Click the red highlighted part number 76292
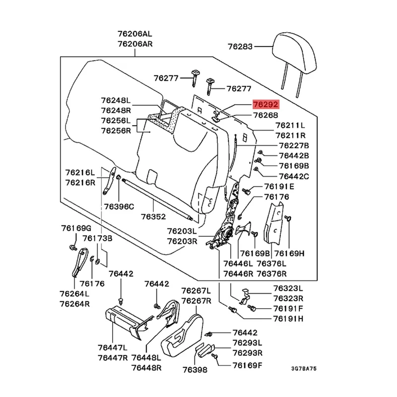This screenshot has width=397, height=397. click(x=265, y=105)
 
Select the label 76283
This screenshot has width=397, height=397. click(x=240, y=47)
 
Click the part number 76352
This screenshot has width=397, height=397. click(x=153, y=216)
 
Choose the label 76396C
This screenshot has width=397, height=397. click(x=119, y=206)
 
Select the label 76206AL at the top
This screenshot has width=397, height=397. click(x=134, y=34)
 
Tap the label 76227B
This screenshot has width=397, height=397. click(x=294, y=145)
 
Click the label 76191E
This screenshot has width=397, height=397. click(x=279, y=187)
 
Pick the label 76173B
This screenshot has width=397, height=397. click(x=97, y=238)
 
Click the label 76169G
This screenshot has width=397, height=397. click(x=76, y=228)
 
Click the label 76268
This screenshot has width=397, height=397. click(x=265, y=115)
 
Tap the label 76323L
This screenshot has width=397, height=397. click(x=288, y=288)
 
